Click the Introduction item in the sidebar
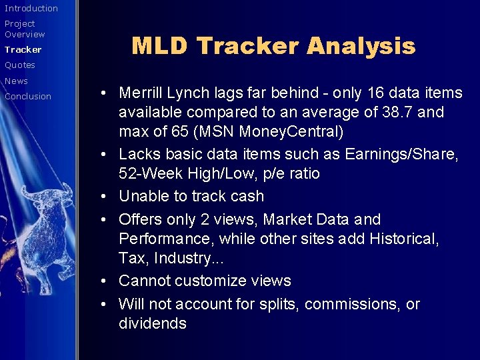[31, 8]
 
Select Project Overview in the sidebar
[25, 29]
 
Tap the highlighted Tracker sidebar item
[23, 49]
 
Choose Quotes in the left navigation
[20, 65]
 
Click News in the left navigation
[17, 81]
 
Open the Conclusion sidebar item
[28, 96]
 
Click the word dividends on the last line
[153, 323]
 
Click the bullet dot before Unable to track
[109, 197]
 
